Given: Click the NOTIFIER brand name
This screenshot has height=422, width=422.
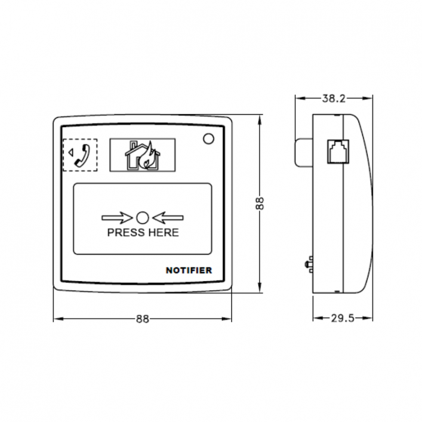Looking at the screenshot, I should click(189, 270).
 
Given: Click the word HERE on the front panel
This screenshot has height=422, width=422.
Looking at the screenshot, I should click(162, 233).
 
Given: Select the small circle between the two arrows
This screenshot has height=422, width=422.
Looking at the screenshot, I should click(143, 218).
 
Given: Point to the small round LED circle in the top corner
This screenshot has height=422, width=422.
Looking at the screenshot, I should click(208, 139).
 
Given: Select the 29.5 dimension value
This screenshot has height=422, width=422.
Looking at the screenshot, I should click(342, 318).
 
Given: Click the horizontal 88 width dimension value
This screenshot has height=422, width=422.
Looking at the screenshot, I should click(142, 319).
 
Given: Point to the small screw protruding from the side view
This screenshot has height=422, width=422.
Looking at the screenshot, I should click(309, 263).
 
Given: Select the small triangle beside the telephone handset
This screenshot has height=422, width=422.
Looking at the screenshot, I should click(70, 153).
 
